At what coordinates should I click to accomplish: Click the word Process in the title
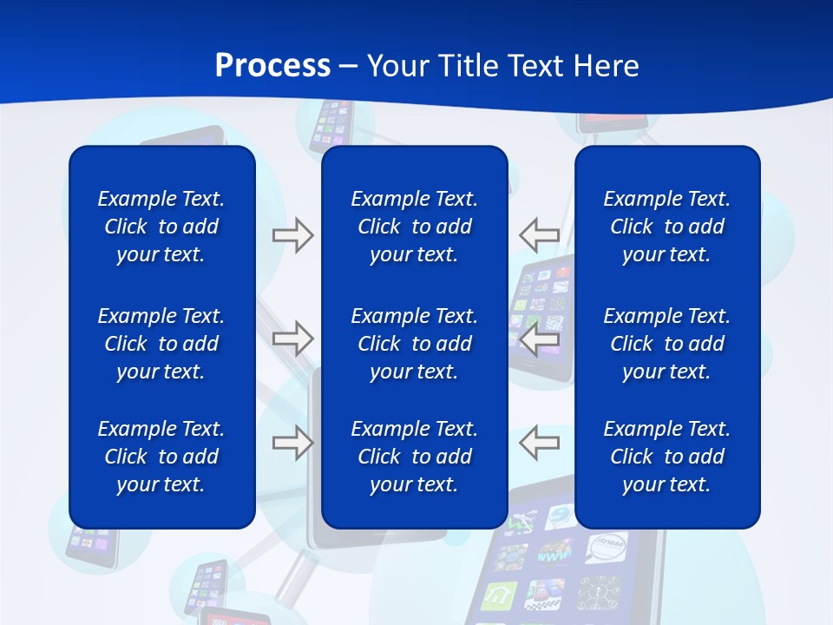272,66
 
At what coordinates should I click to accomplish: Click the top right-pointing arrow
292,235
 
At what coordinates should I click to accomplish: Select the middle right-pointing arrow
292,339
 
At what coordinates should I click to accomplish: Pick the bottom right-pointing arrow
292,443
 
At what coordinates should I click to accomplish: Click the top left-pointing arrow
540,235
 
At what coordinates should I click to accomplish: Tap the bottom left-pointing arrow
540,443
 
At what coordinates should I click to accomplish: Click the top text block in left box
161,227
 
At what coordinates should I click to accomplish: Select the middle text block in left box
161,344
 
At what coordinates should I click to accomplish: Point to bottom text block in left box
161,457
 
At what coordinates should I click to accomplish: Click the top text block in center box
415,227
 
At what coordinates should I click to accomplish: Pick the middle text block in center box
415,344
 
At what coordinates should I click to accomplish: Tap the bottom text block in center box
415,457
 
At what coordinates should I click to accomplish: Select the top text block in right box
667,227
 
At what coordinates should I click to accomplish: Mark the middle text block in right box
667,344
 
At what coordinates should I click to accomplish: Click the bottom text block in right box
667,457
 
